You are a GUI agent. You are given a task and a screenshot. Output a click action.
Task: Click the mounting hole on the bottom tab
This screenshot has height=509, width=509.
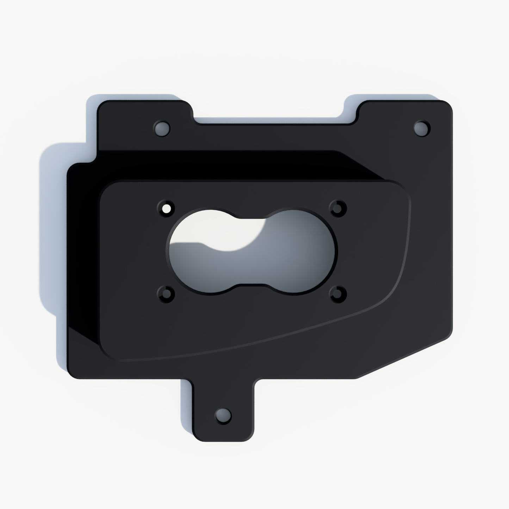click(223, 416)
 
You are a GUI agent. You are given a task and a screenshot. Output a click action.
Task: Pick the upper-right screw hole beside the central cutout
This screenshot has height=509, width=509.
click(338, 208)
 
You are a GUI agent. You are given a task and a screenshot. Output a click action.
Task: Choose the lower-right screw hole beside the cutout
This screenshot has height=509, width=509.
click(338, 293)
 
